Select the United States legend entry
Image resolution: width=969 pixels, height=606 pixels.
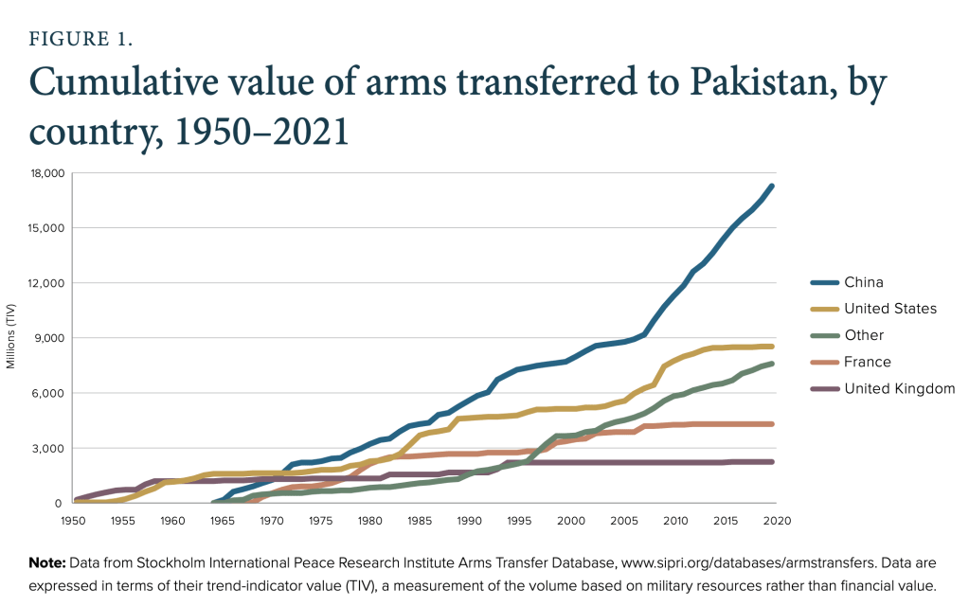pos(890,309)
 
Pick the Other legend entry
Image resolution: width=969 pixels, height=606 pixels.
pos(864,335)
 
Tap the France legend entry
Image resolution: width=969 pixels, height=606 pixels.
pos(868,362)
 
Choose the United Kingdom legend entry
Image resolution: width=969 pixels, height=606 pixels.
pos(900,388)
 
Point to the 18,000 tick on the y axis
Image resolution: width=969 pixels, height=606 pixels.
pos(45,173)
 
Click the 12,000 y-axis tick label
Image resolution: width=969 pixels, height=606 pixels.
pos(45,283)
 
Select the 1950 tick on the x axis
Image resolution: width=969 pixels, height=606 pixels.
pos(73,521)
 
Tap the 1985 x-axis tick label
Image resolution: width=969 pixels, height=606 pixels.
pos(422,521)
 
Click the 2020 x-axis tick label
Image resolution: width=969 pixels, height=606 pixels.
pos(777,521)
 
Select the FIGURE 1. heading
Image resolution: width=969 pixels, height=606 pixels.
pos(85,41)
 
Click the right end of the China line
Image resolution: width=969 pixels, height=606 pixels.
pos(773,186)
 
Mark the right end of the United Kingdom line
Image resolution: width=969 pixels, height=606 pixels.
pos(773,462)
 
